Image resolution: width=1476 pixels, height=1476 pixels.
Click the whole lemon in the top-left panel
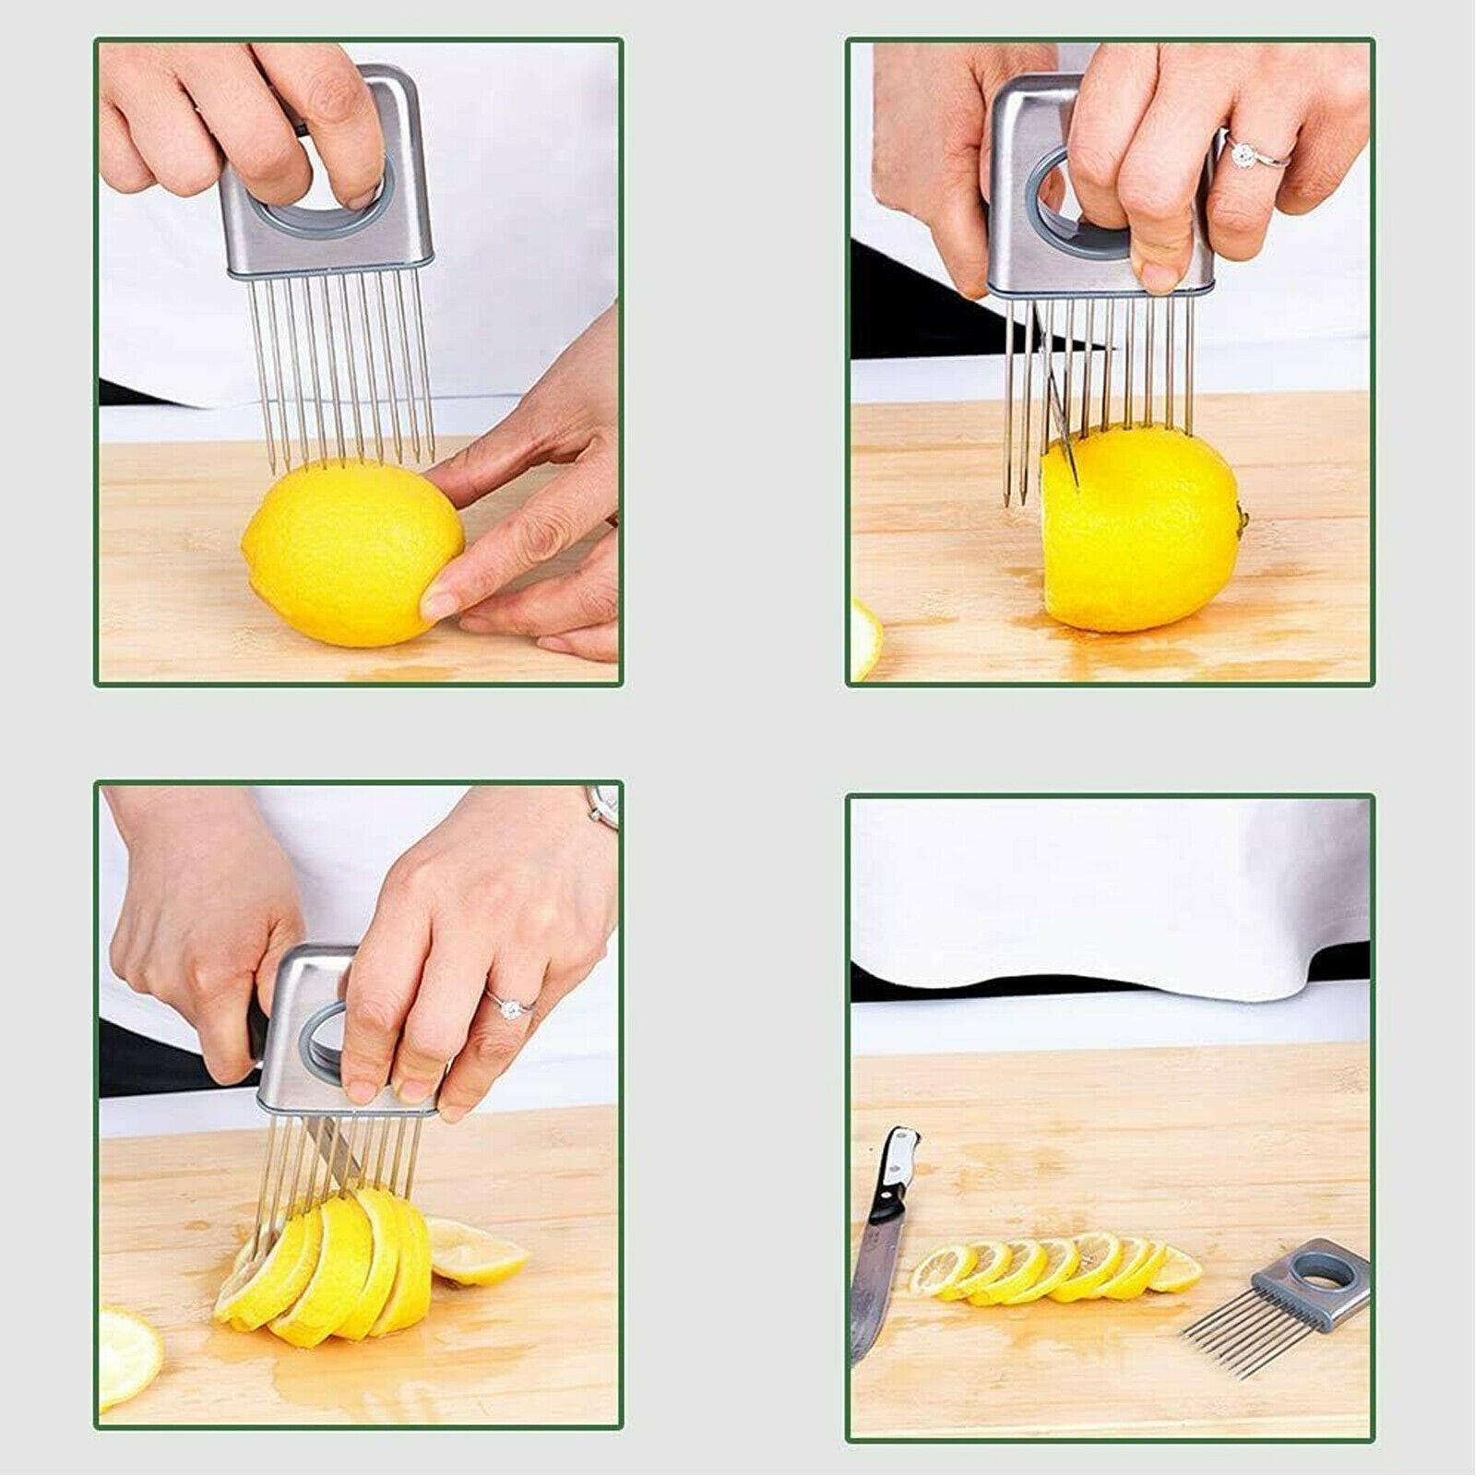[x=351, y=553]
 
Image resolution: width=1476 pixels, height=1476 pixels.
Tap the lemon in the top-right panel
[x=1144, y=530]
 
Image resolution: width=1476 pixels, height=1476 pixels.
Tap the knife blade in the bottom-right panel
[x=872, y=1291]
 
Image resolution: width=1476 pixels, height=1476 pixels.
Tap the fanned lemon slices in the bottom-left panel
[x=332, y=1264]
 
